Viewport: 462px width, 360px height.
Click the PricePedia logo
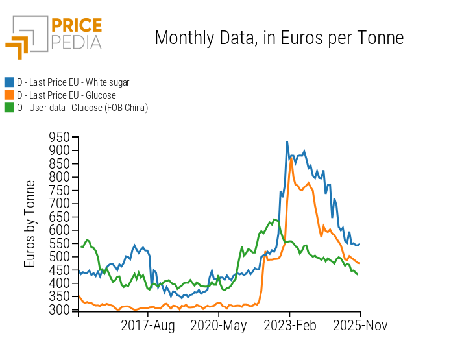click(54, 36)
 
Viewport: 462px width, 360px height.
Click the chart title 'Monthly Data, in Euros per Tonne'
click(279, 38)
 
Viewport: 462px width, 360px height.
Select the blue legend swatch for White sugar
click(9, 82)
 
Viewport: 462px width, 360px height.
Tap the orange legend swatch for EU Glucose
click(9, 95)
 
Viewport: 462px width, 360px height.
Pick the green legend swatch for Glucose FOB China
click(9, 108)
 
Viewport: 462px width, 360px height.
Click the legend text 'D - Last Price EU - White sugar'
click(73, 82)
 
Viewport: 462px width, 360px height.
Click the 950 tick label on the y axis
click(59, 137)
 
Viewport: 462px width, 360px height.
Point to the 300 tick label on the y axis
click(59, 310)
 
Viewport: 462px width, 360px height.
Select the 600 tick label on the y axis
click(59, 230)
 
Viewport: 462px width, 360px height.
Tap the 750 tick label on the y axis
click(59, 190)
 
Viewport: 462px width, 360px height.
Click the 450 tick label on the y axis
click(59, 270)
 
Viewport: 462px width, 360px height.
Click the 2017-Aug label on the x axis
click(149, 326)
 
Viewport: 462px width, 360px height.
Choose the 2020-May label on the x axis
click(219, 326)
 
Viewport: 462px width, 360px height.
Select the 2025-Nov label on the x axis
click(359, 326)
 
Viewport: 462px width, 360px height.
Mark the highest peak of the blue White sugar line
click(287, 141)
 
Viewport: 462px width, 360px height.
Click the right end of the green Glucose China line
click(358, 274)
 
